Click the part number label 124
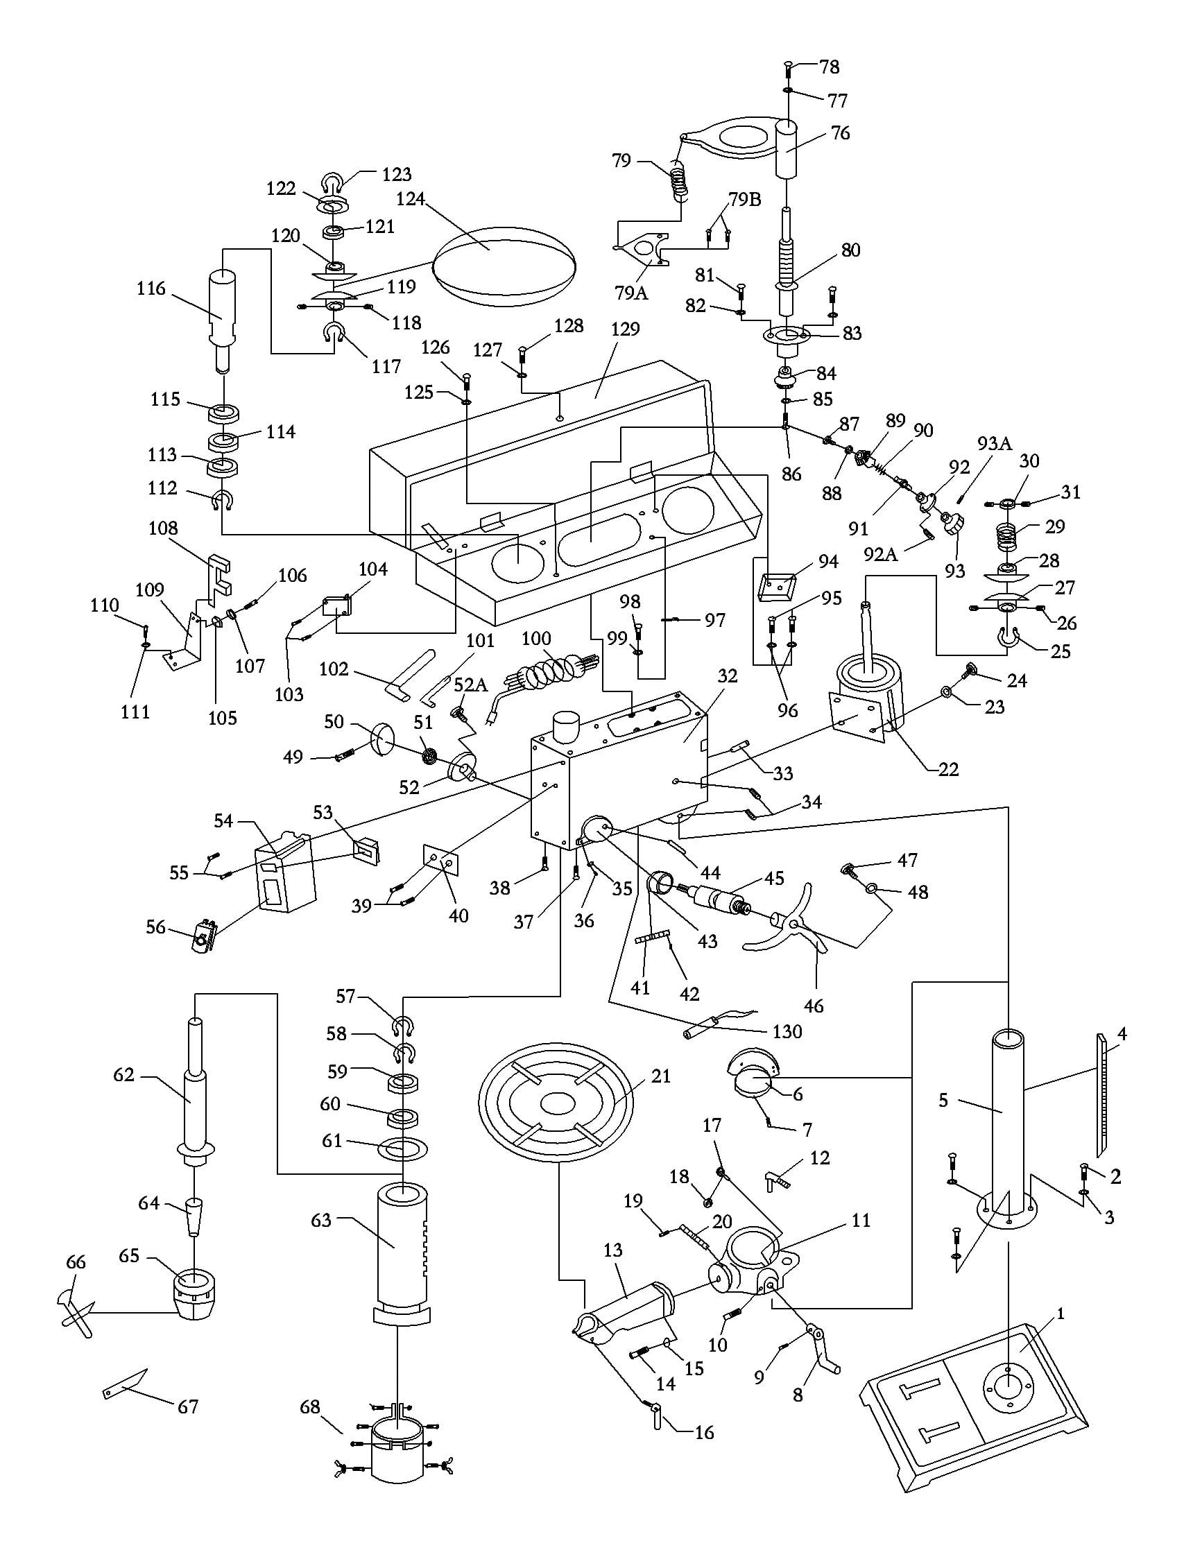tap(410, 199)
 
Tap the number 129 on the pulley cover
tap(624, 329)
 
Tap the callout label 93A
tap(995, 444)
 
